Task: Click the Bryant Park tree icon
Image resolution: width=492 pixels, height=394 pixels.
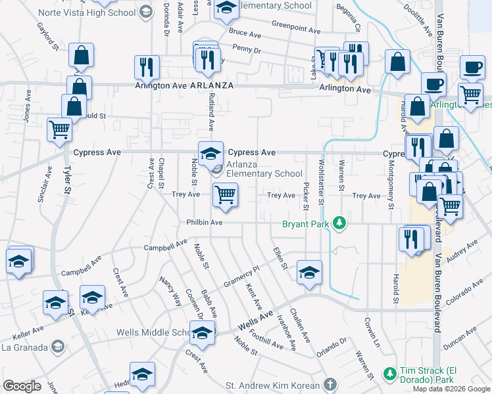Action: (339, 223)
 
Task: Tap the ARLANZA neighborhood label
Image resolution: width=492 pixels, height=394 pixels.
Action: (212, 86)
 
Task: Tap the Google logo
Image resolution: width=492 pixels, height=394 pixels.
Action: (22, 386)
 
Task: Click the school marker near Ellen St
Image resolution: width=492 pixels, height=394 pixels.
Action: (309, 272)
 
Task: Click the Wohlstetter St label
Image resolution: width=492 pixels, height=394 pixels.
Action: (321, 182)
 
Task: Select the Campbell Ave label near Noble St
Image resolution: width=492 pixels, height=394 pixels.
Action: (166, 246)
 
